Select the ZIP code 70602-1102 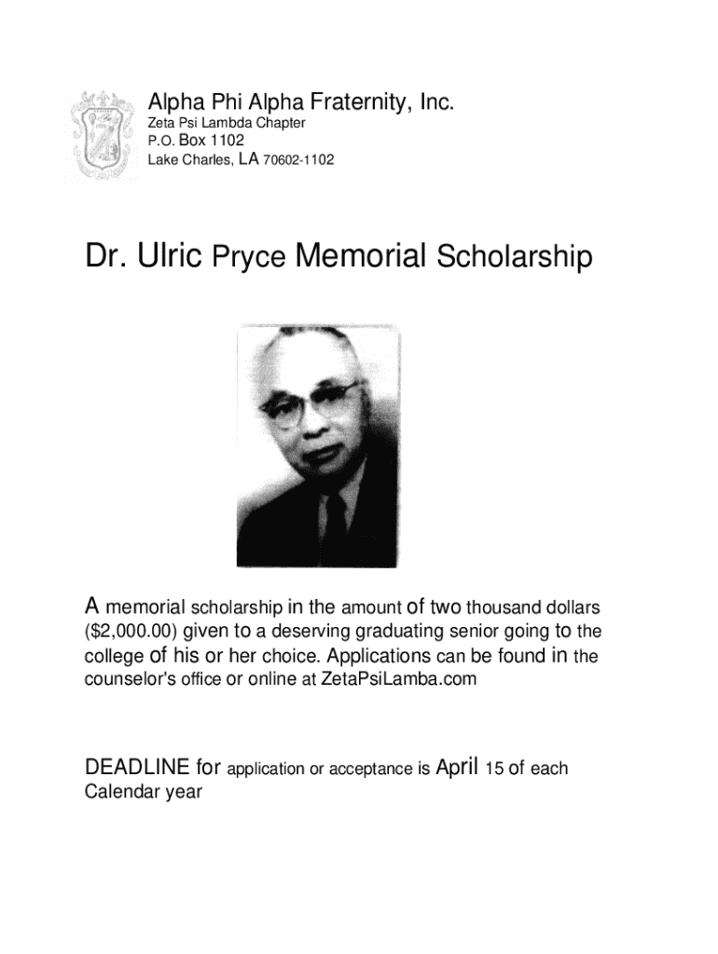pyautogui.click(x=297, y=160)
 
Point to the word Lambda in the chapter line pyautogui.click(x=224, y=123)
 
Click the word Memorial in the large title pyautogui.click(x=361, y=255)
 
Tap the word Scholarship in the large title pyautogui.click(x=514, y=258)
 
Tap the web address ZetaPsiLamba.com pyautogui.click(x=398, y=679)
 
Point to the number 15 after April pyautogui.click(x=494, y=769)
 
